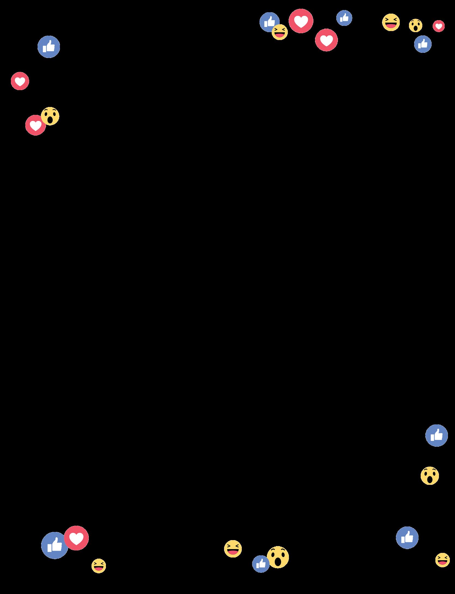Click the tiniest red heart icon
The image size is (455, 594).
[438, 26]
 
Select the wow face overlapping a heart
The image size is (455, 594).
[50, 116]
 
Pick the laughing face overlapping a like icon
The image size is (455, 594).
[280, 32]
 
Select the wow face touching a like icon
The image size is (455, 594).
[277, 557]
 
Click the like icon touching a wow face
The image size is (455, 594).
[261, 564]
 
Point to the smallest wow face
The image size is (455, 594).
[416, 25]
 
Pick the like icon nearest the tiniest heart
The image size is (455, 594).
[423, 44]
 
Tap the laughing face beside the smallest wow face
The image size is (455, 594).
[391, 22]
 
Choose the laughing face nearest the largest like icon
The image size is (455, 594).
[99, 566]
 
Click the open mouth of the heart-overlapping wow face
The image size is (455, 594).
[50, 120]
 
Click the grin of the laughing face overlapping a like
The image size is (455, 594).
[280, 35]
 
